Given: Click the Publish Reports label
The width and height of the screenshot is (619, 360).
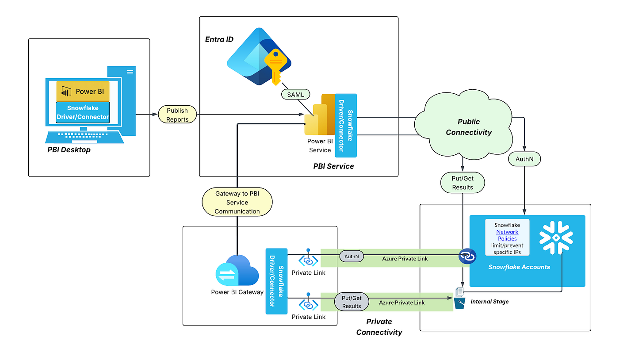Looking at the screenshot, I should tap(177, 115).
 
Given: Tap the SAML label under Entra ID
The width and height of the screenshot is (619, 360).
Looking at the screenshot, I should tap(295, 95).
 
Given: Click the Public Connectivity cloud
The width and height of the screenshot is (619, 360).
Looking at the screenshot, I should tap(468, 126).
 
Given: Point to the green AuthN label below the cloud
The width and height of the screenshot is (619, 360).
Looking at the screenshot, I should tap(524, 159).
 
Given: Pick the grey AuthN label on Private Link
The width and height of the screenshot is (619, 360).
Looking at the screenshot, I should tap(351, 256).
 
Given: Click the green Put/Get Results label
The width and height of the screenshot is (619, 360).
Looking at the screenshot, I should tap(462, 183).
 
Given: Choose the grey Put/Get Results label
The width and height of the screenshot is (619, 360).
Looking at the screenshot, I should tap(352, 302).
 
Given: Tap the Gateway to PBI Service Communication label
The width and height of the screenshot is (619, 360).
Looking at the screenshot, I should tap(237, 203).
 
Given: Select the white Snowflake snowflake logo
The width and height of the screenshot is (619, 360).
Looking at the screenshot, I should tap(556, 237).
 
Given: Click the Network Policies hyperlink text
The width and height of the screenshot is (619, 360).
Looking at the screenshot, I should tap(507, 235).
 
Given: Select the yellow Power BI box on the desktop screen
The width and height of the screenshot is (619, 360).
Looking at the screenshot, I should tap(83, 91).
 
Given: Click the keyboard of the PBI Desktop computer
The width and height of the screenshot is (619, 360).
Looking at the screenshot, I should tap(84, 136).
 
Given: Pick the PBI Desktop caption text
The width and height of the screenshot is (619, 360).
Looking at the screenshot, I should tap(69, 150).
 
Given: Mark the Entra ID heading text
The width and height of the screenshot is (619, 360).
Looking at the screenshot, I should tap(219, 40).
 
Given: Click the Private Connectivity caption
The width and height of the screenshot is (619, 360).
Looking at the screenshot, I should tap(379, 327).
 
